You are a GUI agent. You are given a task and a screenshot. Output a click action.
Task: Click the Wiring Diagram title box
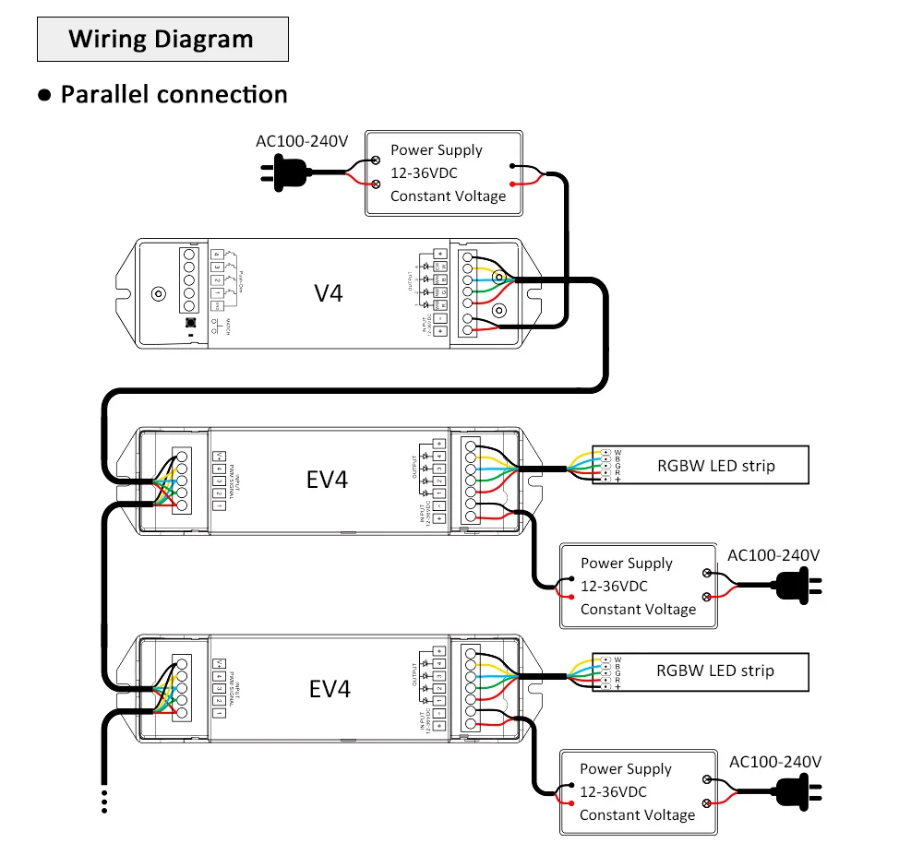tap(162, 39)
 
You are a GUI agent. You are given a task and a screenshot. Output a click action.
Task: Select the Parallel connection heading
tap(174, 94)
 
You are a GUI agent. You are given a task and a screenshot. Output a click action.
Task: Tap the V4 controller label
tap(328, 293)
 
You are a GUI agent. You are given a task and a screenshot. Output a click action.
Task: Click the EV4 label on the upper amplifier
tap(328, 481)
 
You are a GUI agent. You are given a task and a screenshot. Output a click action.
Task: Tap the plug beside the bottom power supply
tap(796, 790)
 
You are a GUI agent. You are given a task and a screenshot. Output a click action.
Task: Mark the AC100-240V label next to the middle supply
tap(773, 555)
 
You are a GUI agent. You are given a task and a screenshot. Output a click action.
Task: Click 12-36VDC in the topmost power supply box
tap(424, 172)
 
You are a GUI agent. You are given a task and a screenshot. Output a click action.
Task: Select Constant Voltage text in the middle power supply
tap(638, 609)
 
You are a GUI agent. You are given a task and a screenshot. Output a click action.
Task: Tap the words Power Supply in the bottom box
tap(626, 768)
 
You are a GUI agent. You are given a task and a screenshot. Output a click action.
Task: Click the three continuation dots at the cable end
tap(104, 801)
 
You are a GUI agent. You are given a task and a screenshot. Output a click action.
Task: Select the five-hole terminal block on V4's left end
tap(191, 280)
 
